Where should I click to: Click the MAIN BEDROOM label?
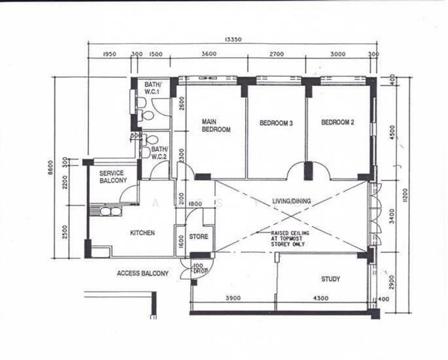click(216, 124)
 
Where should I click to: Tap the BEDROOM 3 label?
click(276, 124)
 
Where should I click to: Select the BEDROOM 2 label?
click(338, 122)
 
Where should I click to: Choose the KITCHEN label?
click(143, 233)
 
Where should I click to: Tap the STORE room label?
click(199, 237)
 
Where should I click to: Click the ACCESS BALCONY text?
click(143, 273)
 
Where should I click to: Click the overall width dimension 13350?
click(232, 40)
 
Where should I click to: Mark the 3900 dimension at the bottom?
click(233, 299)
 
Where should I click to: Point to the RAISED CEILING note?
click(291, 238)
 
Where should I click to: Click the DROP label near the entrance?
click(199, 269)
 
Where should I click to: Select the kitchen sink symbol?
click(109, 211)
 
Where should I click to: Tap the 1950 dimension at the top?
click(109, 54)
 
